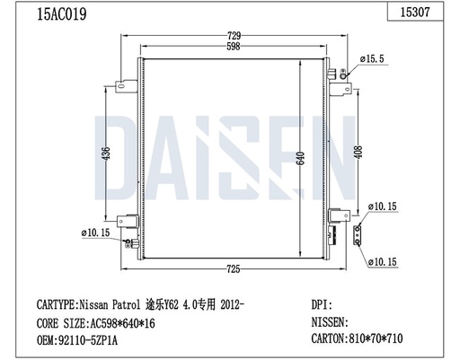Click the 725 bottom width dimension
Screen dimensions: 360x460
tap(232, 268)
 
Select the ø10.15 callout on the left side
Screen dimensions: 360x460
tap(95, 233)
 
